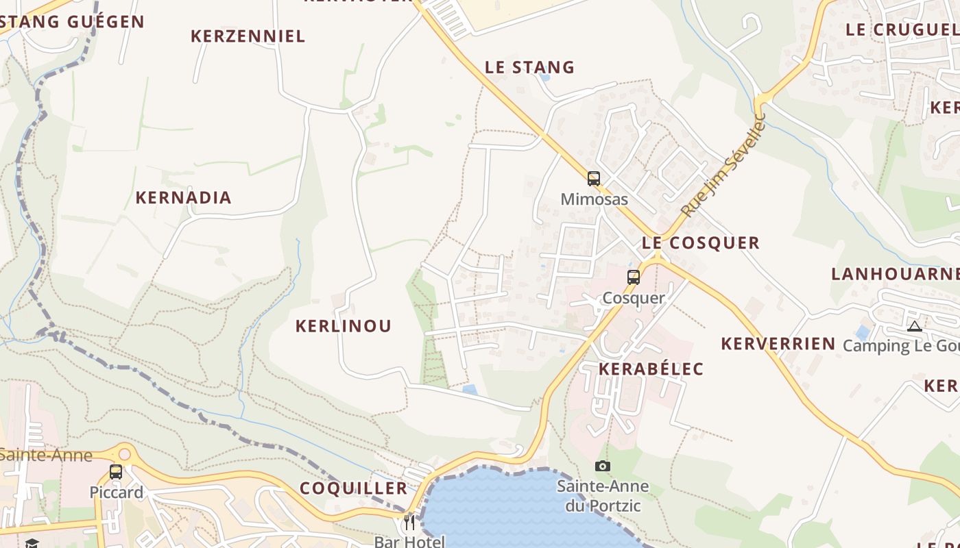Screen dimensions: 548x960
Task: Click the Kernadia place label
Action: click(x=183, y=198)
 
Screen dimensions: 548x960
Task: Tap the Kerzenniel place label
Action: click(x=248, y=36)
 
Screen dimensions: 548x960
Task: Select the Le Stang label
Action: click(x=529, y=67)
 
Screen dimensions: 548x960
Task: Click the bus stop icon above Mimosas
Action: click(x=594, y=179)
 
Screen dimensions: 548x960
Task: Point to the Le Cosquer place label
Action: click(x=701, y=242)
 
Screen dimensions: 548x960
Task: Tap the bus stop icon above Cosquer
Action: click(x=634, y=277)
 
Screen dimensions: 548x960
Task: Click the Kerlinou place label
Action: click(x=343, y=326)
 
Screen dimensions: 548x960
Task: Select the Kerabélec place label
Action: click(x=651, y=369)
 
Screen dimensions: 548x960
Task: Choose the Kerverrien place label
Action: click(x=778, y=344)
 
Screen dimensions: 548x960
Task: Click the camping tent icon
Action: click(x=915, y=326)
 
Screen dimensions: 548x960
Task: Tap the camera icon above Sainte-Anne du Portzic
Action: click(x=603, y=466)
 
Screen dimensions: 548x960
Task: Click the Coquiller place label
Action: click(x=353, y=488)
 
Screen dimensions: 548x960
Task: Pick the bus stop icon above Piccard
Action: click(x=116, y=472)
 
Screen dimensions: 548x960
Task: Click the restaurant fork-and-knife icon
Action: click(x=409, y=523)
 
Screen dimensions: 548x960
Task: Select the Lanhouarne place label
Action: click(x=895, y=274)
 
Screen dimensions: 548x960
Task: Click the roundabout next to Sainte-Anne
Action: click(x=124, y=453)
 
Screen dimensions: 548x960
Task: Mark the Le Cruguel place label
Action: click(x=902, y=29)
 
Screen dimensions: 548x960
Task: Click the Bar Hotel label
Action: click(x=409, y=541)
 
